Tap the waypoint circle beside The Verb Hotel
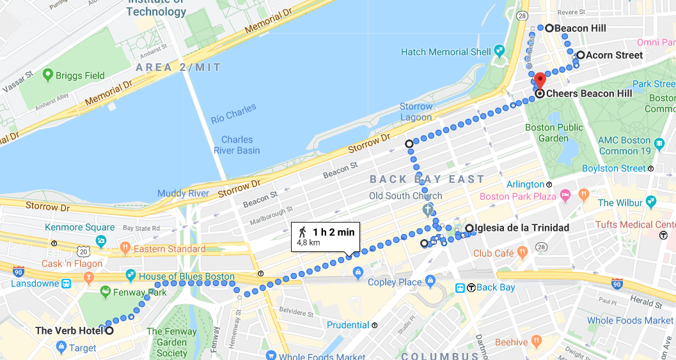tap(109, 331)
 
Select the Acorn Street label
tap(615, 55)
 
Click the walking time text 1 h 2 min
tap(333, 232)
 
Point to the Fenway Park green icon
tap(106, 292)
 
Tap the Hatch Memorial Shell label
tap(446, 52)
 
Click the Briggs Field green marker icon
tap(47, 75)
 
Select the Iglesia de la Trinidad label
tap(522, 228)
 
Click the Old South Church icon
tap(428, 209)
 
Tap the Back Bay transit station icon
tap(460, 288)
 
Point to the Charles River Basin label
tap(237, 145)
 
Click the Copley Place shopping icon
tap(430, 282)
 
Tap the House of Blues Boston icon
tap(130, 276)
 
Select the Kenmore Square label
tap(80, 227)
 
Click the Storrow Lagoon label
tap(416, 112)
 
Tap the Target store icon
tap(61, 347)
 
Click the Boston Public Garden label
tap(554, 132)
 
